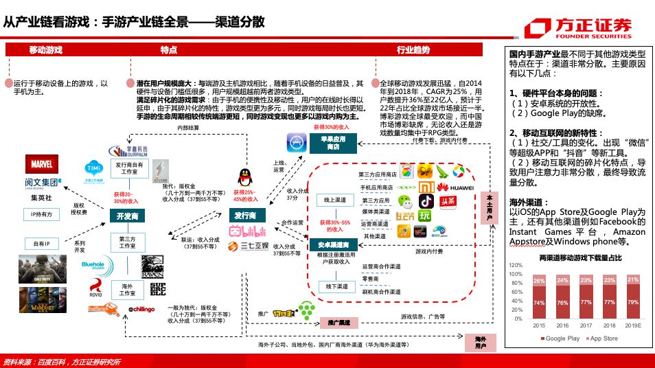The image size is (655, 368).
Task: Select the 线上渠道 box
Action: [x=335, y=200]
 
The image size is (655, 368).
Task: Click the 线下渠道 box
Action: [x=335, y=286]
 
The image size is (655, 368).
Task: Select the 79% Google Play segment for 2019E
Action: [x=632, y=301]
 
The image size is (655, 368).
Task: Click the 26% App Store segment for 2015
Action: [x=539, y=280]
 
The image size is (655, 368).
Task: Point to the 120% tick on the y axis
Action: [x=516, y=264]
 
